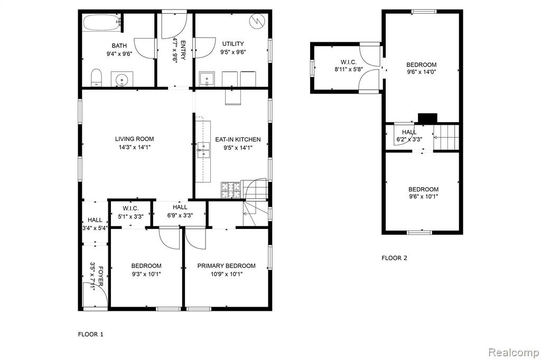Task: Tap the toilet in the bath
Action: [x=96, y=78]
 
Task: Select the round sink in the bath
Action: [x=122, y=79]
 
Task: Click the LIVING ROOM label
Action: [x=135, y=139]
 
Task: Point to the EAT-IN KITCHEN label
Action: [x=238, y=140]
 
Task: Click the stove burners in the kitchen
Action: [x=231, y=190]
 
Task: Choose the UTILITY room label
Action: [x=233, y=44]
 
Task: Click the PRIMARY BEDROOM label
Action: [x=226, y=266]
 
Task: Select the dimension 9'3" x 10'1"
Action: [x=146, y=274]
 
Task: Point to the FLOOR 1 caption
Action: [x=90, y=334]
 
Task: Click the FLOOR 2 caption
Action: [x=394, y=258]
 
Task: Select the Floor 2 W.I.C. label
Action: [x=349, y=62]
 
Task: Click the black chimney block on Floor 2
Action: [x=427, y=118]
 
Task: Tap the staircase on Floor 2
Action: [x=446, y=137]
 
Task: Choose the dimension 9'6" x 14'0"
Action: [x=421, y=72]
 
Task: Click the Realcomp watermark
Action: [x=514, y=353]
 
